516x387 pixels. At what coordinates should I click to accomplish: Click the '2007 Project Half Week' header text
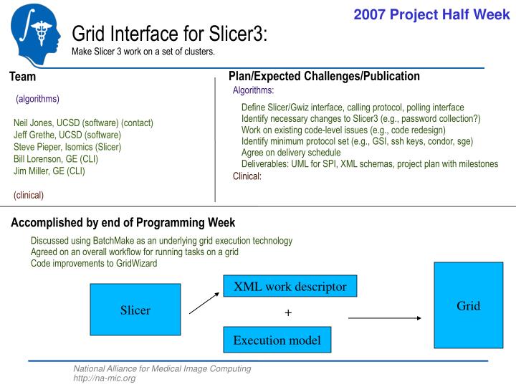coord(431,14)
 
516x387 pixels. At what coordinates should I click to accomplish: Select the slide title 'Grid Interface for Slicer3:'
coord(170,34)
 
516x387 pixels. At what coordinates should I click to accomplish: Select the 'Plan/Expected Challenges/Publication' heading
coord(324,76)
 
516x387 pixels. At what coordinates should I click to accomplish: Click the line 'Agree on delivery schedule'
coord(291,153)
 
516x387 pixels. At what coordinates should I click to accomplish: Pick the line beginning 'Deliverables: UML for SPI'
coord(369,164)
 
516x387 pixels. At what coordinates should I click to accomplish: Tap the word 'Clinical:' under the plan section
coord(247,176)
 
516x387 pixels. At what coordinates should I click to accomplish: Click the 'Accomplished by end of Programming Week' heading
coord(123,223)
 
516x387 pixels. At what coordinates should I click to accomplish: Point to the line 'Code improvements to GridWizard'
coord(94,263)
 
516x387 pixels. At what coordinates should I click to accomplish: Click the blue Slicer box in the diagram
coord(135,310)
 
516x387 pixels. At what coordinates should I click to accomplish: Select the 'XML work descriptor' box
coord(290,287)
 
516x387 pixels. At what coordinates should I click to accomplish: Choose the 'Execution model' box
coord(277,340)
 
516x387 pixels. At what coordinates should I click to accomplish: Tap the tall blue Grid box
coord(468,305)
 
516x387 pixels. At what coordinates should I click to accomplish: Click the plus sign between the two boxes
coord(289,313)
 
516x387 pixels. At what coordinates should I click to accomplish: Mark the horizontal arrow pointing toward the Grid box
coord(384,317)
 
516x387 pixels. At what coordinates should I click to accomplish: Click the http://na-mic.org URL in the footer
coord(105,378)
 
